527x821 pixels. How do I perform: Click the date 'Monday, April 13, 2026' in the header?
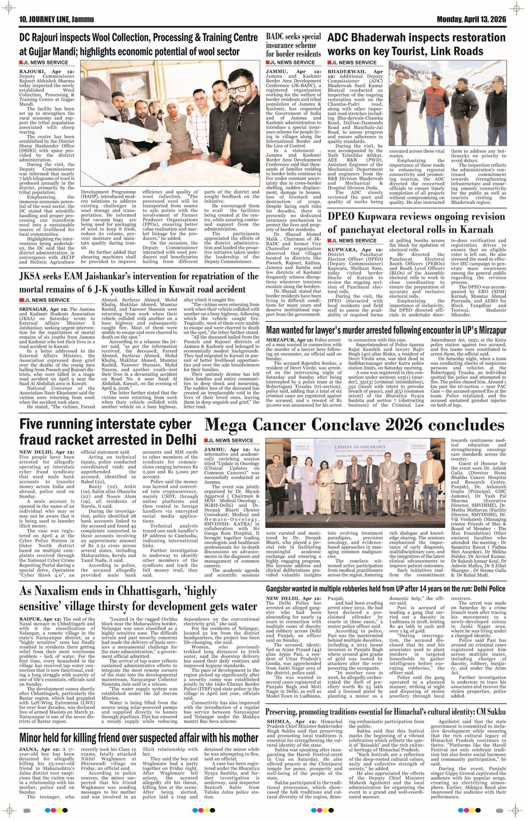pos(471,20)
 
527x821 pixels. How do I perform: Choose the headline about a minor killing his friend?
pos(139,737)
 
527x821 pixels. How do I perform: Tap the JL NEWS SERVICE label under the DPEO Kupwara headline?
pos(354,241)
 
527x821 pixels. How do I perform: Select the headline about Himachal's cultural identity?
pos(386,711)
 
